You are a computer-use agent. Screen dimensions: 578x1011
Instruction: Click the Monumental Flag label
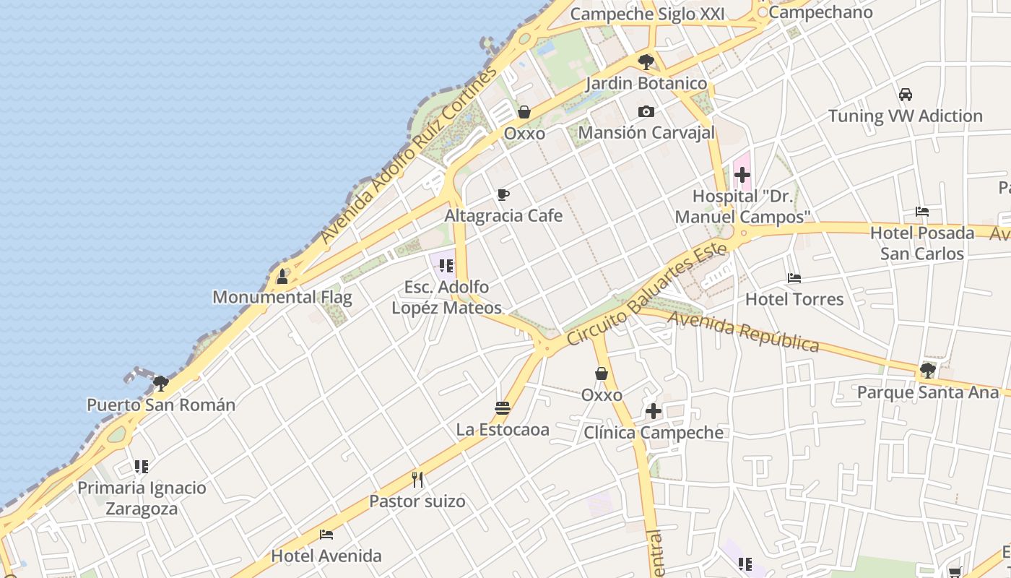282,297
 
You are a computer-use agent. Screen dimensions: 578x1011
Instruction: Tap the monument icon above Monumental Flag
282,276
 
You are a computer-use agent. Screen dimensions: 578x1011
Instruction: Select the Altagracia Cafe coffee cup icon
503,194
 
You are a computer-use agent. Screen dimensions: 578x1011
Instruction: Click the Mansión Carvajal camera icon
646,111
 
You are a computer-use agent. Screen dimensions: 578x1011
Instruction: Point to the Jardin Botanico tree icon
646,61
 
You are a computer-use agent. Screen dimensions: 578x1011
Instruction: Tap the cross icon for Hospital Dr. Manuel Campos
742,175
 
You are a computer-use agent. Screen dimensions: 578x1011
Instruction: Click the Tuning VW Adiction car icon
905,95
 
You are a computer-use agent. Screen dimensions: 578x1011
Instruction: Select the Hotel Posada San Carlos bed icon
922,212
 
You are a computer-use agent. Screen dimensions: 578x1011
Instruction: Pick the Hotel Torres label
794,299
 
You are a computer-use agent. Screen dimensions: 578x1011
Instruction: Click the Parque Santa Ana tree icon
928,371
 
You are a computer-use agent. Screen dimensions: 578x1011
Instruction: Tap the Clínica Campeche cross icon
654,411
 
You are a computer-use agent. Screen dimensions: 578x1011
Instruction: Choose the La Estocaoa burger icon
503,408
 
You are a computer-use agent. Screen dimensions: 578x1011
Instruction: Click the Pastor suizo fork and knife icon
417,479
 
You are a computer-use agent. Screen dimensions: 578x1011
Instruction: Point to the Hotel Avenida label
326,556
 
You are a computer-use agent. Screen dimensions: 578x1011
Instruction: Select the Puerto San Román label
161,405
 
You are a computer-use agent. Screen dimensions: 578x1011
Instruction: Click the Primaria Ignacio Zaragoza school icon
142,467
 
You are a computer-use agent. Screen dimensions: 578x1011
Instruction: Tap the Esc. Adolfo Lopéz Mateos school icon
446,266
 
